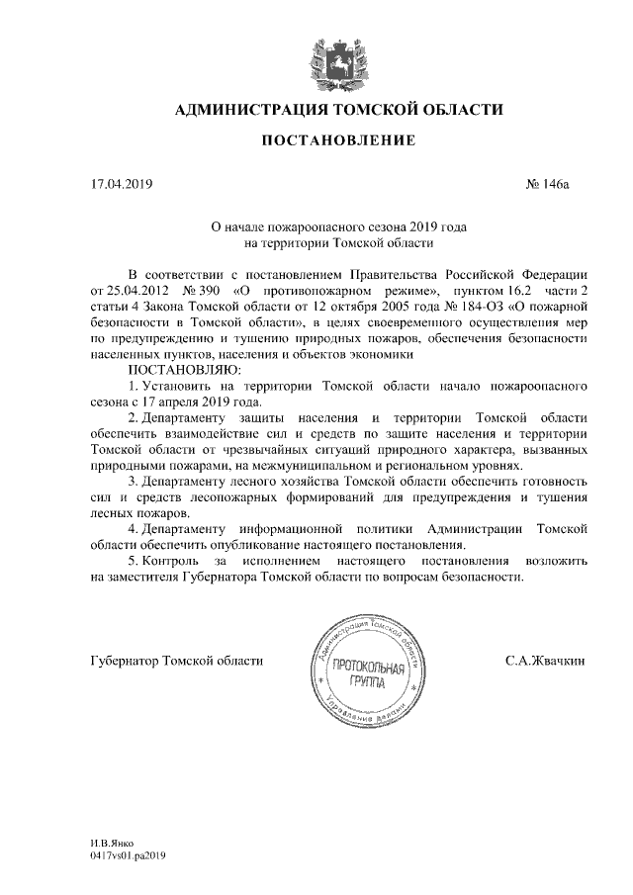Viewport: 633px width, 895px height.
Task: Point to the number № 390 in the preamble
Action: pyautogui.click(x=204, y=291)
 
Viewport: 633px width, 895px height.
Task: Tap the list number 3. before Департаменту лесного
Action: pyautogui.click(x=135, y=482)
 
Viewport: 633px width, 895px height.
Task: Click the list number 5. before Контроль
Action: pyautogui.click(x=135, y=561)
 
